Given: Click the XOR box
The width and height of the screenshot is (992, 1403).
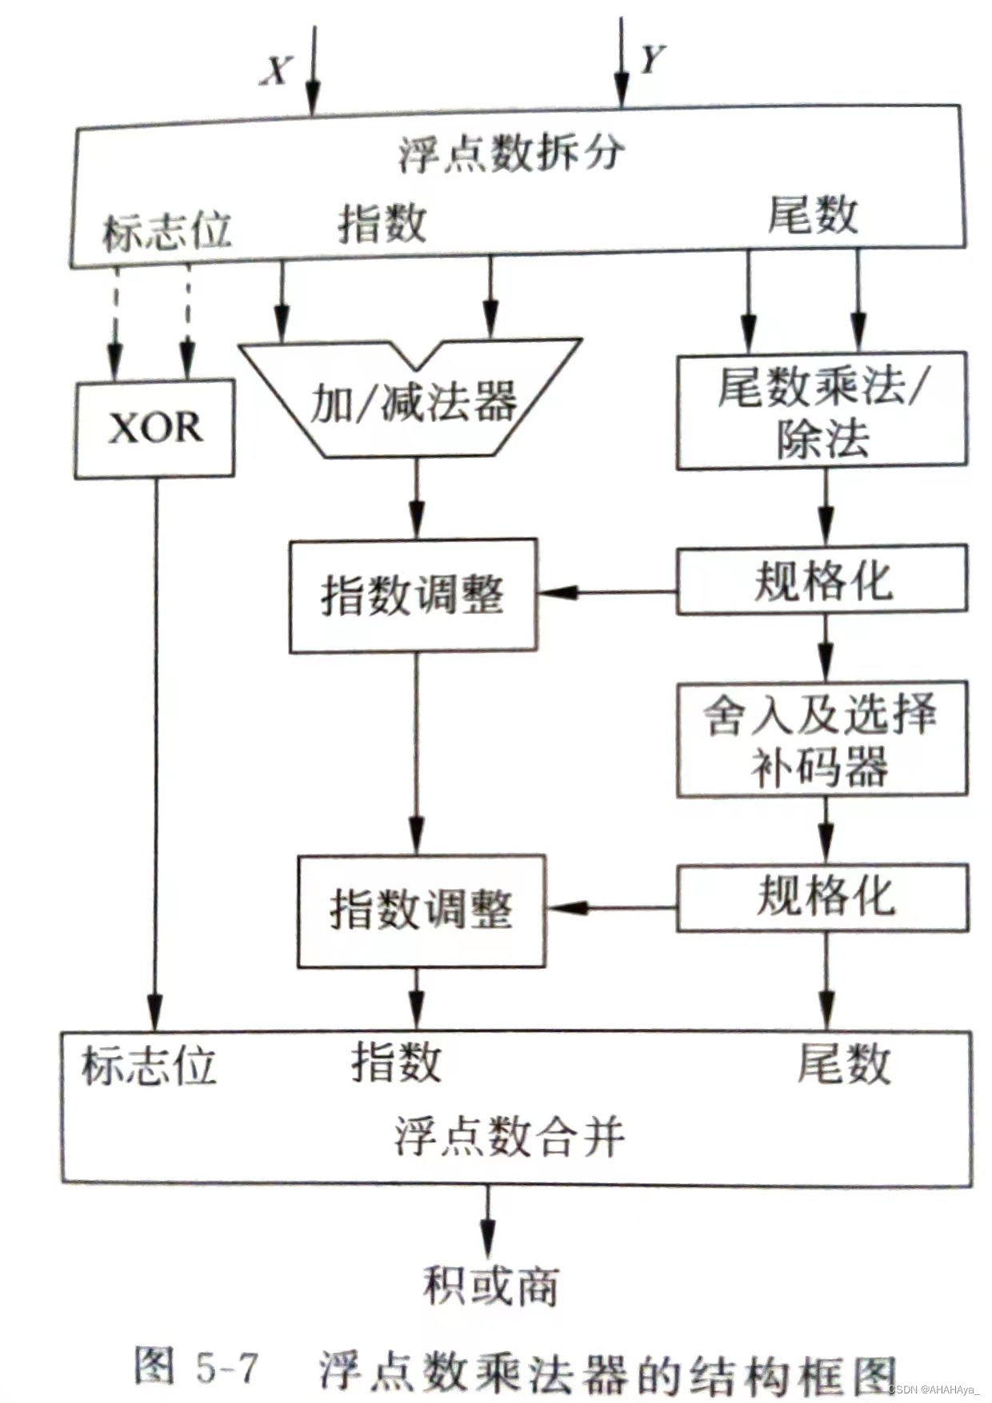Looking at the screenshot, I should [154, 428].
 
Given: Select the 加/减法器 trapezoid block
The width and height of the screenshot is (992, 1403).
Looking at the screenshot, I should [412, 400].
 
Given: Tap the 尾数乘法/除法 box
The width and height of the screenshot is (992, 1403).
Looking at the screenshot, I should [822, 411].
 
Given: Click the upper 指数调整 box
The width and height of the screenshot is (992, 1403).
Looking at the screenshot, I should [413, 596].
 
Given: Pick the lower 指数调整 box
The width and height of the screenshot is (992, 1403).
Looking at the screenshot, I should [422, 911].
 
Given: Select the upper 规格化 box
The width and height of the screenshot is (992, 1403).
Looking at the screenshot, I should [822, 580].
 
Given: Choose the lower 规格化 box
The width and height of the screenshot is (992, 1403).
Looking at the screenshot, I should [823, 896].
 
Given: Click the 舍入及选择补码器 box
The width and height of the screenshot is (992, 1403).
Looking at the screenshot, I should [822, 739].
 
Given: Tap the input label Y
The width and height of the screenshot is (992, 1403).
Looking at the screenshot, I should [652, 60].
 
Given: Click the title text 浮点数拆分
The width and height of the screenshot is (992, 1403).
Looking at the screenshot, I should [512, 152].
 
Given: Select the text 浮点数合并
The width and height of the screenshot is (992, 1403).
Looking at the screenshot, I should [509, 1137].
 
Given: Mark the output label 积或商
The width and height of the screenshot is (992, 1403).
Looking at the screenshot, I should [490, 1285].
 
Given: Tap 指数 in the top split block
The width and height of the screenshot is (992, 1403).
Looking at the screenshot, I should [382, 222].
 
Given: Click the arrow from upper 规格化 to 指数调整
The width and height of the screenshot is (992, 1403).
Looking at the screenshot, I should [607, 592].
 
